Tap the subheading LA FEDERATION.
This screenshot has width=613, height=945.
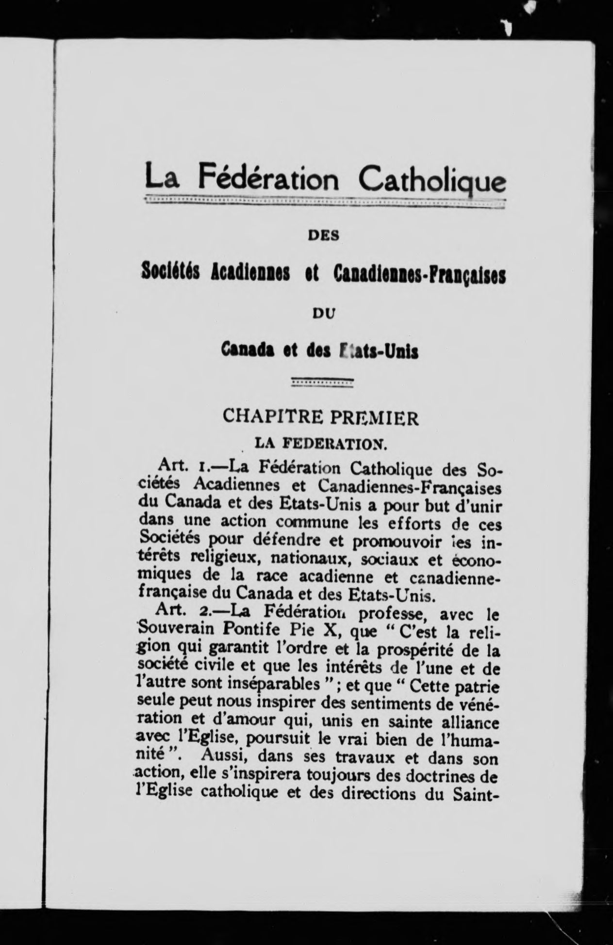tap(321, 443)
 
